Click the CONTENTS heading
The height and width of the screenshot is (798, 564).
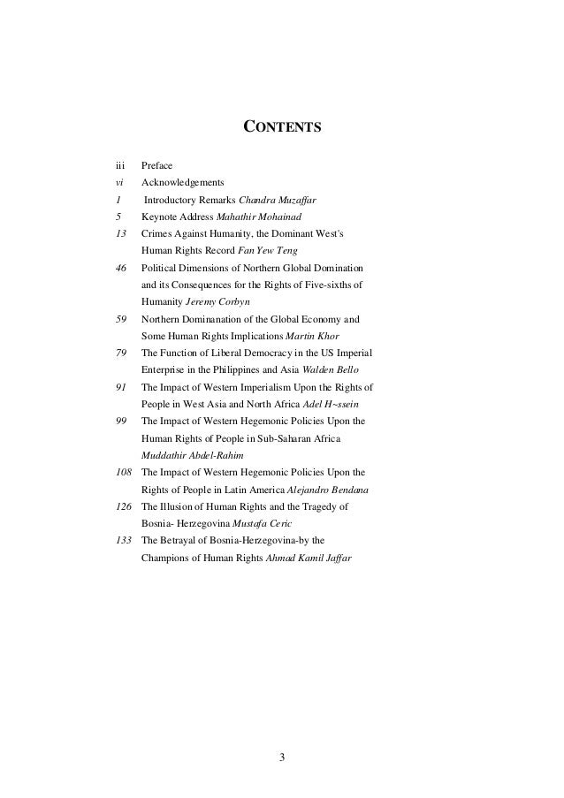click(x=282, y=128)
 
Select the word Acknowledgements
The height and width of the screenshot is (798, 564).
click(x=183, y=182)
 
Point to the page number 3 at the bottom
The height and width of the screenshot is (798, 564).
click(x=282, y=757)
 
